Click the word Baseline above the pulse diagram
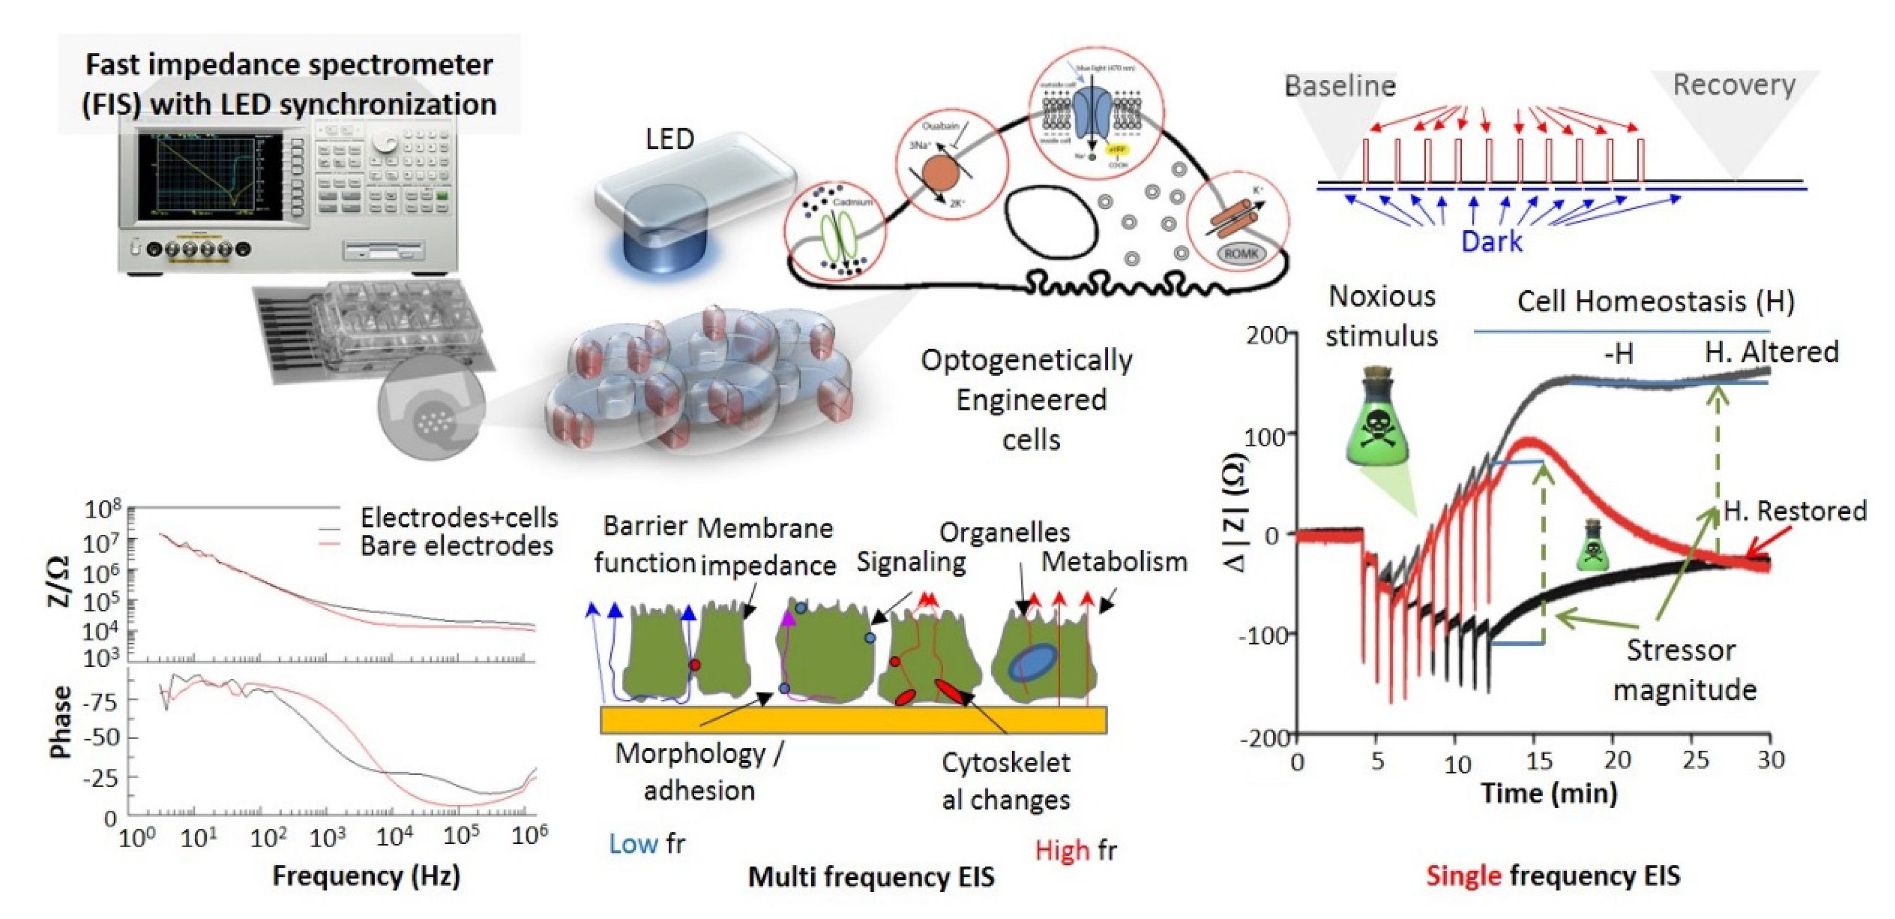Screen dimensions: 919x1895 [x=1340, y=86]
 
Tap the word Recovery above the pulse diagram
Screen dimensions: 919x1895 [x=1734, y=84]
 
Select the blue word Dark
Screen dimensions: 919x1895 [x=1491, y=241]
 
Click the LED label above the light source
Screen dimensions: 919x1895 [x=669, y=139]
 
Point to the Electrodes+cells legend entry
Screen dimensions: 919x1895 [x=459, y=518]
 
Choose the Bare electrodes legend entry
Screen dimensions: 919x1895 [x=456, y=546]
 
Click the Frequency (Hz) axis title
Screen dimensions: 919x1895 [x=366, y=875]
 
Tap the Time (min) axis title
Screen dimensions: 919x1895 [x=1548, y=793]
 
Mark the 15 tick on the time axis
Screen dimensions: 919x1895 [x=1538, y=761]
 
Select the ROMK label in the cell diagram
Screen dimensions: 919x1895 [x=1241, y=254]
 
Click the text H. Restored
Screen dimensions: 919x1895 [x=1795, y=511]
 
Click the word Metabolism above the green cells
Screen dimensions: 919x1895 [x=1114, y=561]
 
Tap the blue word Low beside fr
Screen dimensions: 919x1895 [x=632, y=844]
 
